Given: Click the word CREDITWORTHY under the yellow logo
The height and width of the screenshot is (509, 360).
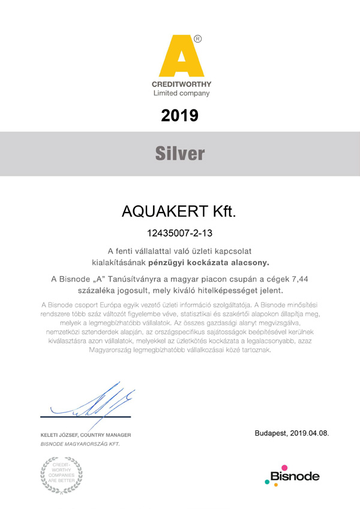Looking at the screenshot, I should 181,85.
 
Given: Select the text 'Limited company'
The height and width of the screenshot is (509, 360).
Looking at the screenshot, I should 181,94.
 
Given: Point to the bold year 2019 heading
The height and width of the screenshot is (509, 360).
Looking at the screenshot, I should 180,115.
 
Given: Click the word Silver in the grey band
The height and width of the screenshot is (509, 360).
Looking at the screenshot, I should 180,154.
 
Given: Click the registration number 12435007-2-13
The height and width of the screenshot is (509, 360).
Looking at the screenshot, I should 180,232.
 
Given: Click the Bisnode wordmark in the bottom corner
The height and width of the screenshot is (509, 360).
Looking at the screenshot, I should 294,477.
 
